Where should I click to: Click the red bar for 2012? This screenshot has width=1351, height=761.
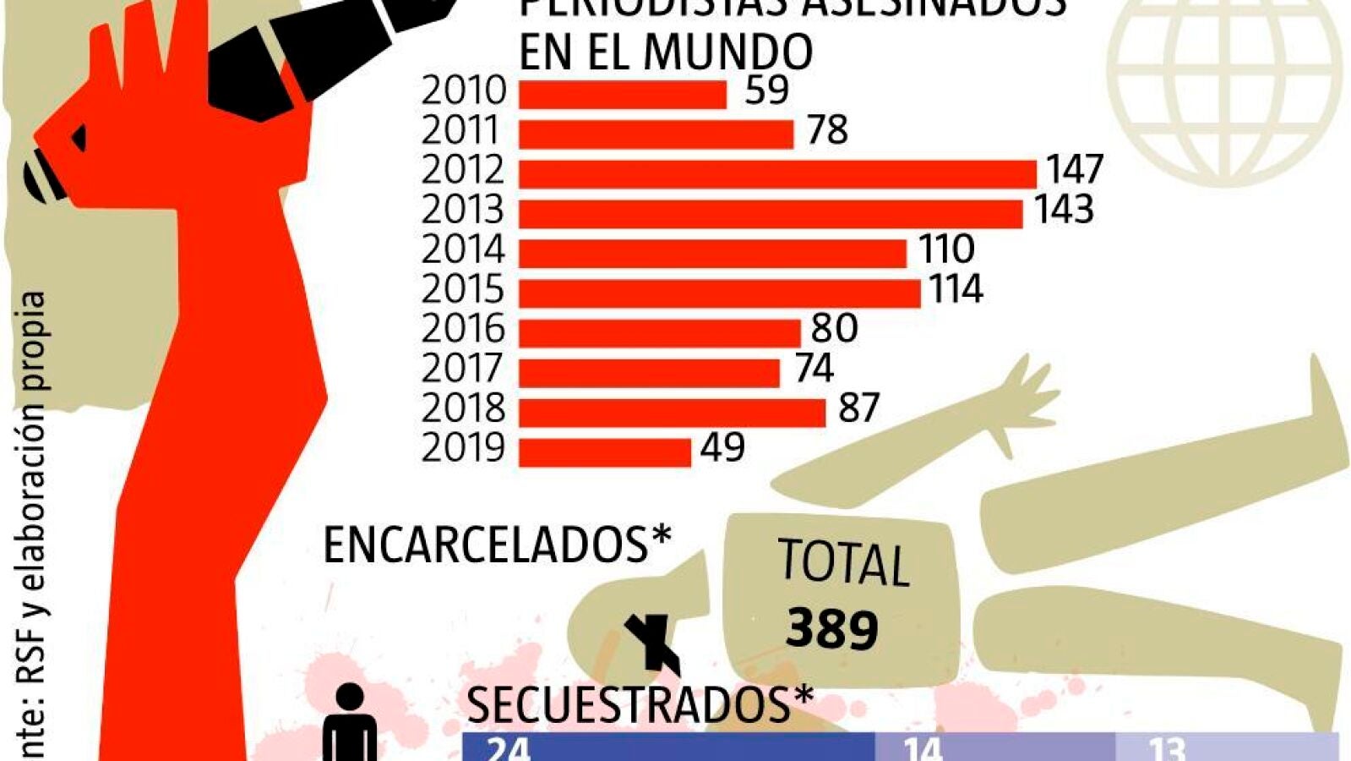point(777,174)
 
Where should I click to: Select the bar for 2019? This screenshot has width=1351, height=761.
point(605,452)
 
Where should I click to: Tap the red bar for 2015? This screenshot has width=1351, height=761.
point(719,293)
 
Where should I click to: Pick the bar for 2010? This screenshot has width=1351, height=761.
point(623,95)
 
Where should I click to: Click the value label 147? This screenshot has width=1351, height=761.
point(1075,169)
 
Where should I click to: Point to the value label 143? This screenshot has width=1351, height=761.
point(1065,209)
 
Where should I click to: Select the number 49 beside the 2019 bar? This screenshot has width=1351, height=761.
point(722,447)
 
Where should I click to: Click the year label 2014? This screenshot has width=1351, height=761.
point(463,249)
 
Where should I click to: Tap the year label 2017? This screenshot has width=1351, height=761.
point(463,369)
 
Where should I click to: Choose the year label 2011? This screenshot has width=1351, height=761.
point(463,130)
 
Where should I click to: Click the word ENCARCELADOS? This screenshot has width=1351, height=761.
point(488,545)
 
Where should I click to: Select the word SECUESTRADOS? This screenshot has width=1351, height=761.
point(629,704)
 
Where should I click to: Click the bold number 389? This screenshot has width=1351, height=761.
point(832,628)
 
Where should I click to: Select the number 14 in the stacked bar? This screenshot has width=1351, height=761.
point(923,748)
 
